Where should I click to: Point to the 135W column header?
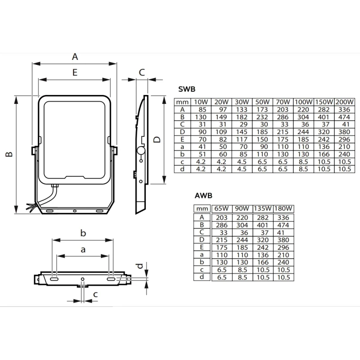point(262,209)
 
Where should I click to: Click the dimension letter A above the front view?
point(75,57)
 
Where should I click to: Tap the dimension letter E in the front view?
point(75,72)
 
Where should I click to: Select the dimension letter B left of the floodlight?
point(9,154)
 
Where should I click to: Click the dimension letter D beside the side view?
point(157,140)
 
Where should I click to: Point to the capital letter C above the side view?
point(141,72)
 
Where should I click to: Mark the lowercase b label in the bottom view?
point(83,233)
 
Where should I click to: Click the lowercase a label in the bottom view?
point(83,249)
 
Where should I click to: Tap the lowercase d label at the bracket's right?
point(140,266)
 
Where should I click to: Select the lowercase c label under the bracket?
point(95,295)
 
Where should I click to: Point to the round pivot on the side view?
point(140,150)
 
